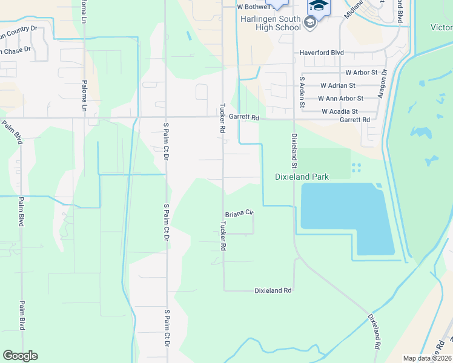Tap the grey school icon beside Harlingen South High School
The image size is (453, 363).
tap(310, 24)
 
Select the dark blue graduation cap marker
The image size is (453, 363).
tap(319, 6)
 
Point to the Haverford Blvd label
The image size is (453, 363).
tap(322, 53)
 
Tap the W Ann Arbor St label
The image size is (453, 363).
tap(341, 98)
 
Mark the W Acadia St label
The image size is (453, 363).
tap(340, 111)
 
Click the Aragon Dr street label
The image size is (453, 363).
tap(382, 87)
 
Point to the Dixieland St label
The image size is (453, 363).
tap(294, 151)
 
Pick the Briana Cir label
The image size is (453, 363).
tap(239, 214)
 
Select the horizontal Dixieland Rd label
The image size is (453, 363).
tap(273, 290)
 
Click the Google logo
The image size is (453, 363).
tap(20, 356)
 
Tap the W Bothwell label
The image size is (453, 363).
tap(253, 7)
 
